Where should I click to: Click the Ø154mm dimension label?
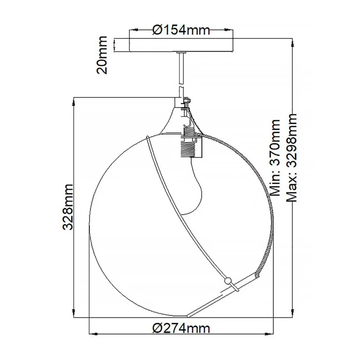coord(181,30)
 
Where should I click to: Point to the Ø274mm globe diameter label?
coord(181,329)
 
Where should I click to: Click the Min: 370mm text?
coord(275,158)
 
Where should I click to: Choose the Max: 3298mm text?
coord(292,158)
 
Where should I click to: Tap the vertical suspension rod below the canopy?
coord(181,75)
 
